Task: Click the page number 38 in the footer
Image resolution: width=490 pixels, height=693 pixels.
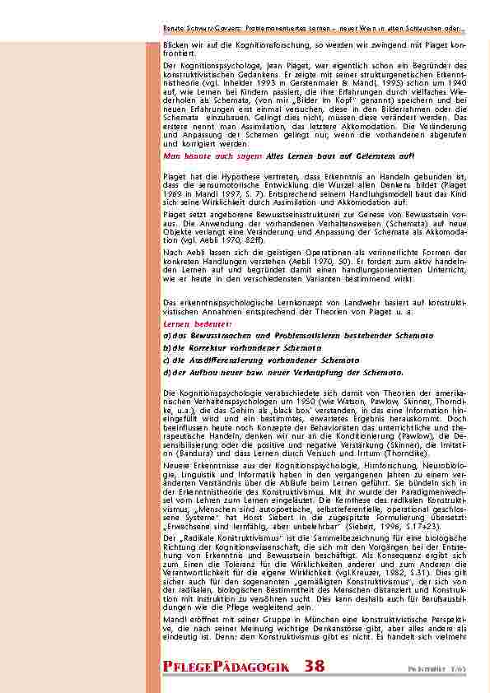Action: click(x=314, y=666)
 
